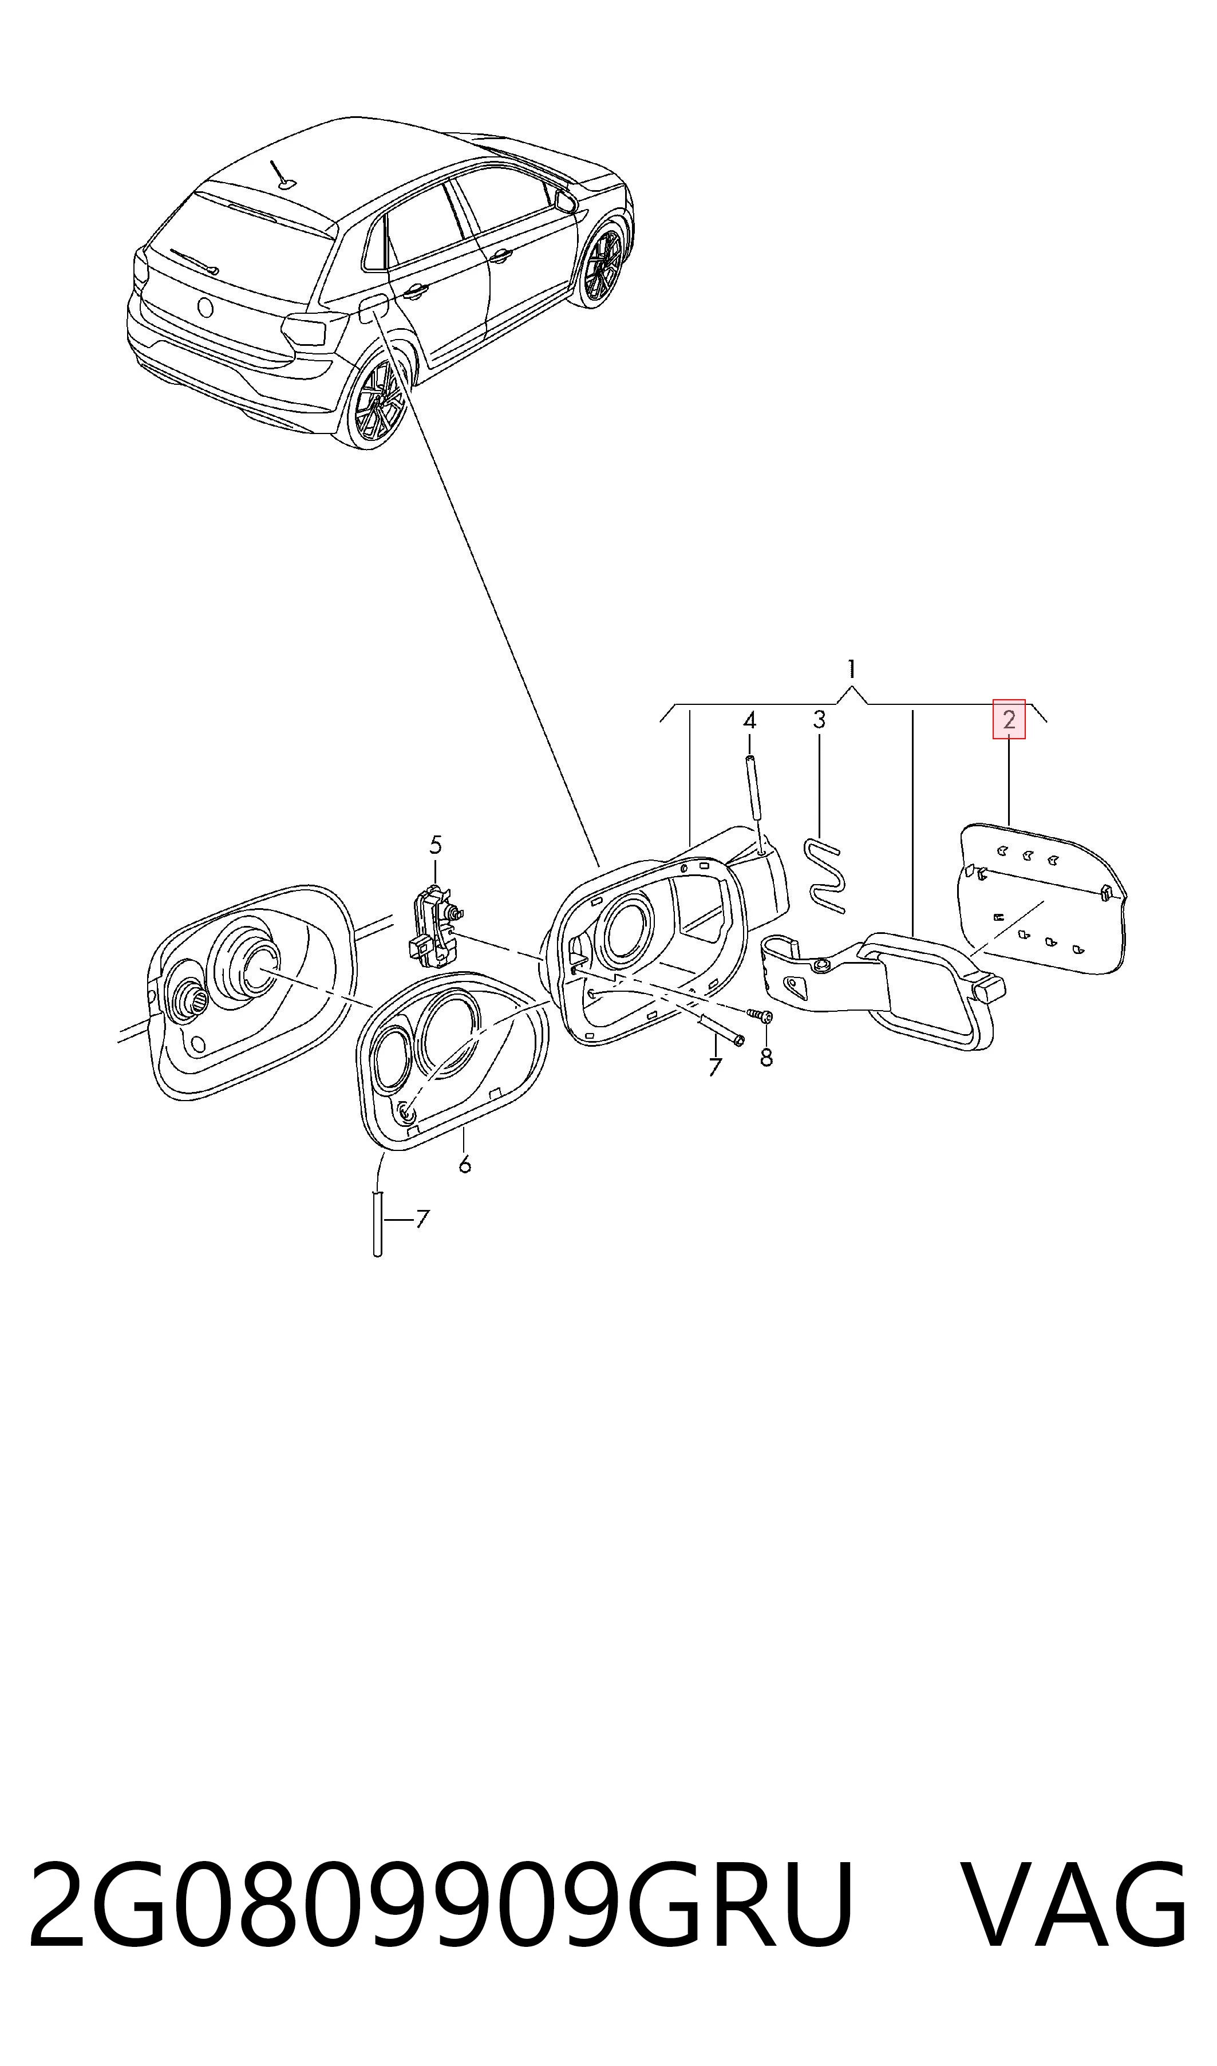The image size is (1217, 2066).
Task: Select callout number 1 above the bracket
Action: (x=852, y=668)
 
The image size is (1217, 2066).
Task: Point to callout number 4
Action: (x=749, y=720)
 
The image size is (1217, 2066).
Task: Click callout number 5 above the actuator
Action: (x=436, y=844)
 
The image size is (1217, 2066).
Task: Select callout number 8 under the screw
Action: (x=766, y=1058)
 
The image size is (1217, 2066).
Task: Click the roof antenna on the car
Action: (x=281, y=174)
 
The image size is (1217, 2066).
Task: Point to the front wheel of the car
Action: (x=604, y=264)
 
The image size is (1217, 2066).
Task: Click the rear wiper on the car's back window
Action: (x=193, y=261)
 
